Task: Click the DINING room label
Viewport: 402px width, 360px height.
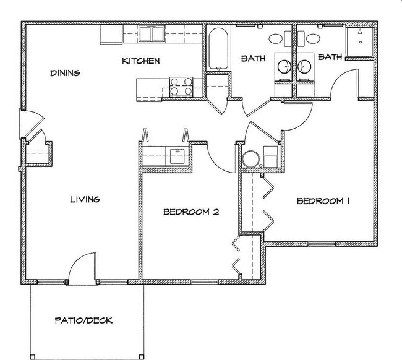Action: [65, 73]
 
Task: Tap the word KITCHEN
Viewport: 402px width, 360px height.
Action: [141, 61]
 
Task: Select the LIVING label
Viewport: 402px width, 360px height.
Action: [85, 199]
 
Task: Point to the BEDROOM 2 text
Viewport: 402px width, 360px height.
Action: [192, 212]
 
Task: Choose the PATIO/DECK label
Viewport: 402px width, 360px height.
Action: [83, 321]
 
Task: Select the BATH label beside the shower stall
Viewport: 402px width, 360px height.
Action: [330, 58]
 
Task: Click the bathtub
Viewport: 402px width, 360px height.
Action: [218, 49]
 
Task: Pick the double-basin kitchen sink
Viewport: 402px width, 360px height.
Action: [152, 34]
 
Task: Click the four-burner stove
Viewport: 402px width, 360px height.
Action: [179, 85]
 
